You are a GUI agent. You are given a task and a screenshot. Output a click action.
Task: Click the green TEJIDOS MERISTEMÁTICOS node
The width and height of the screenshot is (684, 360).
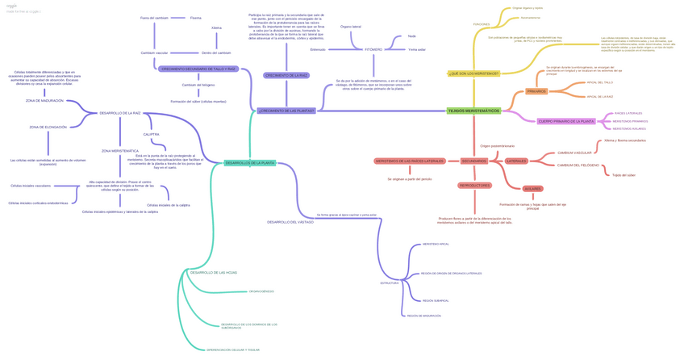click(x=473, y=111)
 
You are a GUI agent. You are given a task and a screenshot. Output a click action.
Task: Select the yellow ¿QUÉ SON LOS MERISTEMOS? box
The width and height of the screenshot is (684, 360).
click(x=473, y=73)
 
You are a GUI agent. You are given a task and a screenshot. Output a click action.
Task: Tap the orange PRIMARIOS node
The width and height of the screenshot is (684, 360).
click(x=536, y=91)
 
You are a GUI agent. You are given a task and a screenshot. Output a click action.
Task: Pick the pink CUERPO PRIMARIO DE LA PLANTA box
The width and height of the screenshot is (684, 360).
click(x=566, y=121)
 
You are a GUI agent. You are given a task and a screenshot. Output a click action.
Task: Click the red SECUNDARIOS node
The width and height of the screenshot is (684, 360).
click(x=474, y=161)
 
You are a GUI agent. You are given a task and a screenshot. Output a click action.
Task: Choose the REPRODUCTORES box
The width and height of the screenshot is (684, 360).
click(x=474, y=185)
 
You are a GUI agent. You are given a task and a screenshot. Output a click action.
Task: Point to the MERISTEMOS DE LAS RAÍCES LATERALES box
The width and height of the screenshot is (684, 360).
click(x=409, y=161)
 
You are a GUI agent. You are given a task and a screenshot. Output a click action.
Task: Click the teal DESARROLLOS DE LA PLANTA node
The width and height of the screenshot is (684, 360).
click(x=250, y=163)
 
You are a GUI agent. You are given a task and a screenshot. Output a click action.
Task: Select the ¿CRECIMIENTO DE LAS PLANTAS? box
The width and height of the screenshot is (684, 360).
click(x=286, y=111)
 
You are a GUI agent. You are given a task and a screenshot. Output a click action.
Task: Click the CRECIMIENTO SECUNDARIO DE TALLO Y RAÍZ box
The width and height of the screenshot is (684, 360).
click(x=198, y=69)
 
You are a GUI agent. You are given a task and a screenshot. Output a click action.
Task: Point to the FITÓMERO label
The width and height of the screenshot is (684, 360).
click(x=373, y=49)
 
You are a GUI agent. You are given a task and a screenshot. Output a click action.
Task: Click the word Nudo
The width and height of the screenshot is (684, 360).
click(x=412, y=36)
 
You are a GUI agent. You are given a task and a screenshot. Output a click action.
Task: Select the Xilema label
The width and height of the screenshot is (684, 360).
click(x=217, y=27)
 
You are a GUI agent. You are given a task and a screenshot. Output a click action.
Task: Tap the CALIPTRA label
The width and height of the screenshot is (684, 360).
click(x=152, y=135)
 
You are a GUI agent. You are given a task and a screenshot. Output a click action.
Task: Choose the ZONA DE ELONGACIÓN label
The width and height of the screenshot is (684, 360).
click(x=48, y=127)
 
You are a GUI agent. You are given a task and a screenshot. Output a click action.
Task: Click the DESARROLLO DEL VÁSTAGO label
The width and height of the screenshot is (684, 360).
click(x=290, y=222)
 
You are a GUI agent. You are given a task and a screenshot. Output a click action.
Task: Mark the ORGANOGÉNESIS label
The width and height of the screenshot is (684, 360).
click(x=261, y=291)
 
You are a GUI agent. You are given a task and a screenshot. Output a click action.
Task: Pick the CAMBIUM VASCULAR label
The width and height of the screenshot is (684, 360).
click(x=574, y=153)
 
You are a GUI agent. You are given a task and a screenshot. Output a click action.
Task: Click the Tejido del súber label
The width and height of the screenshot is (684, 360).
click(x=624, y=175)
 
